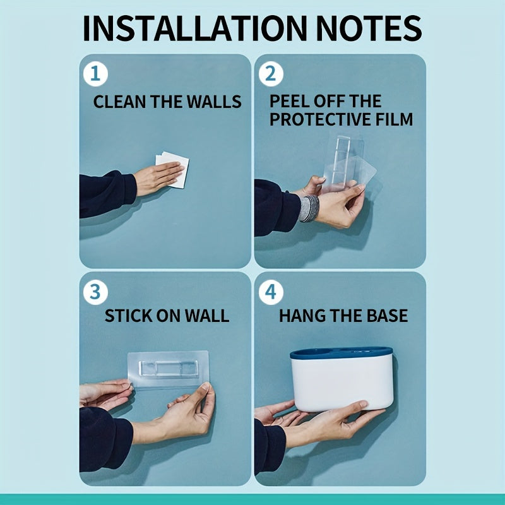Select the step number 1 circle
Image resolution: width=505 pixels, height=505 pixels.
[95, 74]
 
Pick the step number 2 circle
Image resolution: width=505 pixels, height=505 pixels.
[271, 74]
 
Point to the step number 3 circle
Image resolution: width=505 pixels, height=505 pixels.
[95, 292]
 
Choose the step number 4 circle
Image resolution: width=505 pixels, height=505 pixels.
[271, 292]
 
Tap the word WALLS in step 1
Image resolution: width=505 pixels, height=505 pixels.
[214, 102]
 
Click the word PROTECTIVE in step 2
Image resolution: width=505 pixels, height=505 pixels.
[320, 119]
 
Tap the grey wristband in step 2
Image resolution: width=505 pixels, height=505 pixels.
[309, 208]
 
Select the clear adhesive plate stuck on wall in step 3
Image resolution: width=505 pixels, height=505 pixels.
[168, 369]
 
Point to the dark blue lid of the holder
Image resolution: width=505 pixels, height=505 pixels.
[342, 353]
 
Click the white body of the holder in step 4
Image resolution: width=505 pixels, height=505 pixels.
[342, 384]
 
